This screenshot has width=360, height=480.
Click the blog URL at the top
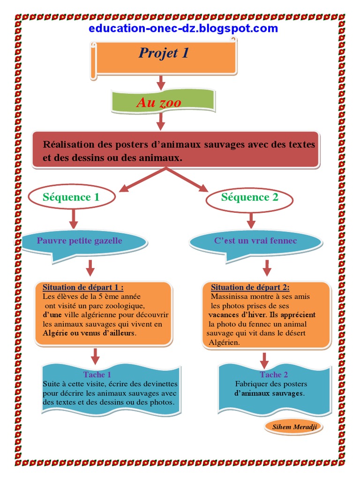point(183,29)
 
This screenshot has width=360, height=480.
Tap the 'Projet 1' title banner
point(164,53)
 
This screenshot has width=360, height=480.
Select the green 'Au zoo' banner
point(159,102)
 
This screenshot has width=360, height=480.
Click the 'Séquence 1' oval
point(71,197)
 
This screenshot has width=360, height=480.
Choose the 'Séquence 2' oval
point(249,197)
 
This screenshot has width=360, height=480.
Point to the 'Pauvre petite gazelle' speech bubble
point(80,241)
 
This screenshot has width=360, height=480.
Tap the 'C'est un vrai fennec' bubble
point(255,241)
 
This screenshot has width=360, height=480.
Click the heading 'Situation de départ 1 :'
point(83,287)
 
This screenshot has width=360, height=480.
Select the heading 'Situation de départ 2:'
point(250,287)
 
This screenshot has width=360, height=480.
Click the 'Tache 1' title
point(97,375)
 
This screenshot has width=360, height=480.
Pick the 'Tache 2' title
point(274,375)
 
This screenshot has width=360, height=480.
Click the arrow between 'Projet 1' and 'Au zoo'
point(161,82)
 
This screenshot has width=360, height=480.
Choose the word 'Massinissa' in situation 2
point(230,297)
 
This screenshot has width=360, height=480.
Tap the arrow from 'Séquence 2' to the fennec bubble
point(251,220)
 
